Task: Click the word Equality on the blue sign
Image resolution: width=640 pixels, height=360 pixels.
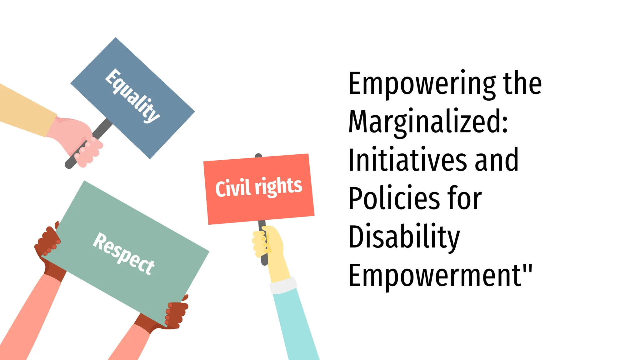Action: tap(132, 96)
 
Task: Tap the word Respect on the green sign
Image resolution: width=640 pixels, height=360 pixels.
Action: tap(124, 253)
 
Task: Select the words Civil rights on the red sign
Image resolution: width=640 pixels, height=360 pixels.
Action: tap(259, 187)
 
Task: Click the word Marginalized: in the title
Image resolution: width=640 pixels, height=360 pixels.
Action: tap(428, 122)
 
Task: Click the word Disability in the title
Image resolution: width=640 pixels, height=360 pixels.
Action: tap(404, 237)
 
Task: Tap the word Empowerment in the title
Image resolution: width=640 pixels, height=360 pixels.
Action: tap(434, 275)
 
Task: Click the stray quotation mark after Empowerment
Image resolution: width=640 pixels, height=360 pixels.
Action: tap(527, 268)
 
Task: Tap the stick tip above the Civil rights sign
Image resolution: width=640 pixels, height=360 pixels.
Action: tap(258, 156)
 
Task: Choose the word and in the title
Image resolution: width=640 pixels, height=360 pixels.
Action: tap(497, 160)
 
